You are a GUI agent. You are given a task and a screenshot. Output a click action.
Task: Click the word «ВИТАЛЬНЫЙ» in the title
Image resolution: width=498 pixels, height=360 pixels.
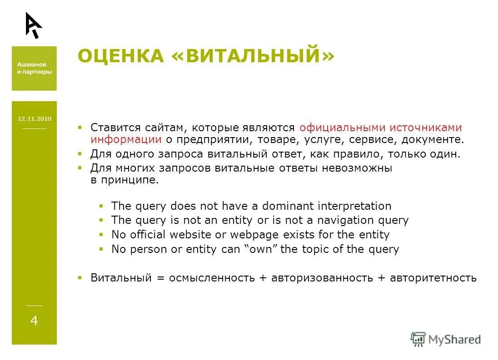[x=253, y=56]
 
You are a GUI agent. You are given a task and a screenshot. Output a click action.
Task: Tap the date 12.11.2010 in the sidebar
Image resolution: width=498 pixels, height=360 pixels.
[x=35, y=119]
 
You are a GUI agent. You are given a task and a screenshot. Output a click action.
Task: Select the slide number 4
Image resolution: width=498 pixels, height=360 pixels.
[x=34, y=321]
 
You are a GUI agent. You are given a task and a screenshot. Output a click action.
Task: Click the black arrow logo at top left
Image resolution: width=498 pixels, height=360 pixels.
[x=33, y=25]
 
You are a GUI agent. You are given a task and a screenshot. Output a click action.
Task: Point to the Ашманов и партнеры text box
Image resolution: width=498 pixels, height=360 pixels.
[x=35, y=69]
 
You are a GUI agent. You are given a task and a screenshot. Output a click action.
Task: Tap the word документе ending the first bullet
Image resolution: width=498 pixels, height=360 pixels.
[x=439, y=139]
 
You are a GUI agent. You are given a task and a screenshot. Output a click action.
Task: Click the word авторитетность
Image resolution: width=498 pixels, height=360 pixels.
[x=433, y=278]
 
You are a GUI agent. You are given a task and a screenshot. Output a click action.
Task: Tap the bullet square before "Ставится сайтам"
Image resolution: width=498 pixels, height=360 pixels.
[x=80, y=127]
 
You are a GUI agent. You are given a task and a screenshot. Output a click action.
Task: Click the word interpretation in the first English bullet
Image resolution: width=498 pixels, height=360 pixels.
[x=354, y=206]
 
